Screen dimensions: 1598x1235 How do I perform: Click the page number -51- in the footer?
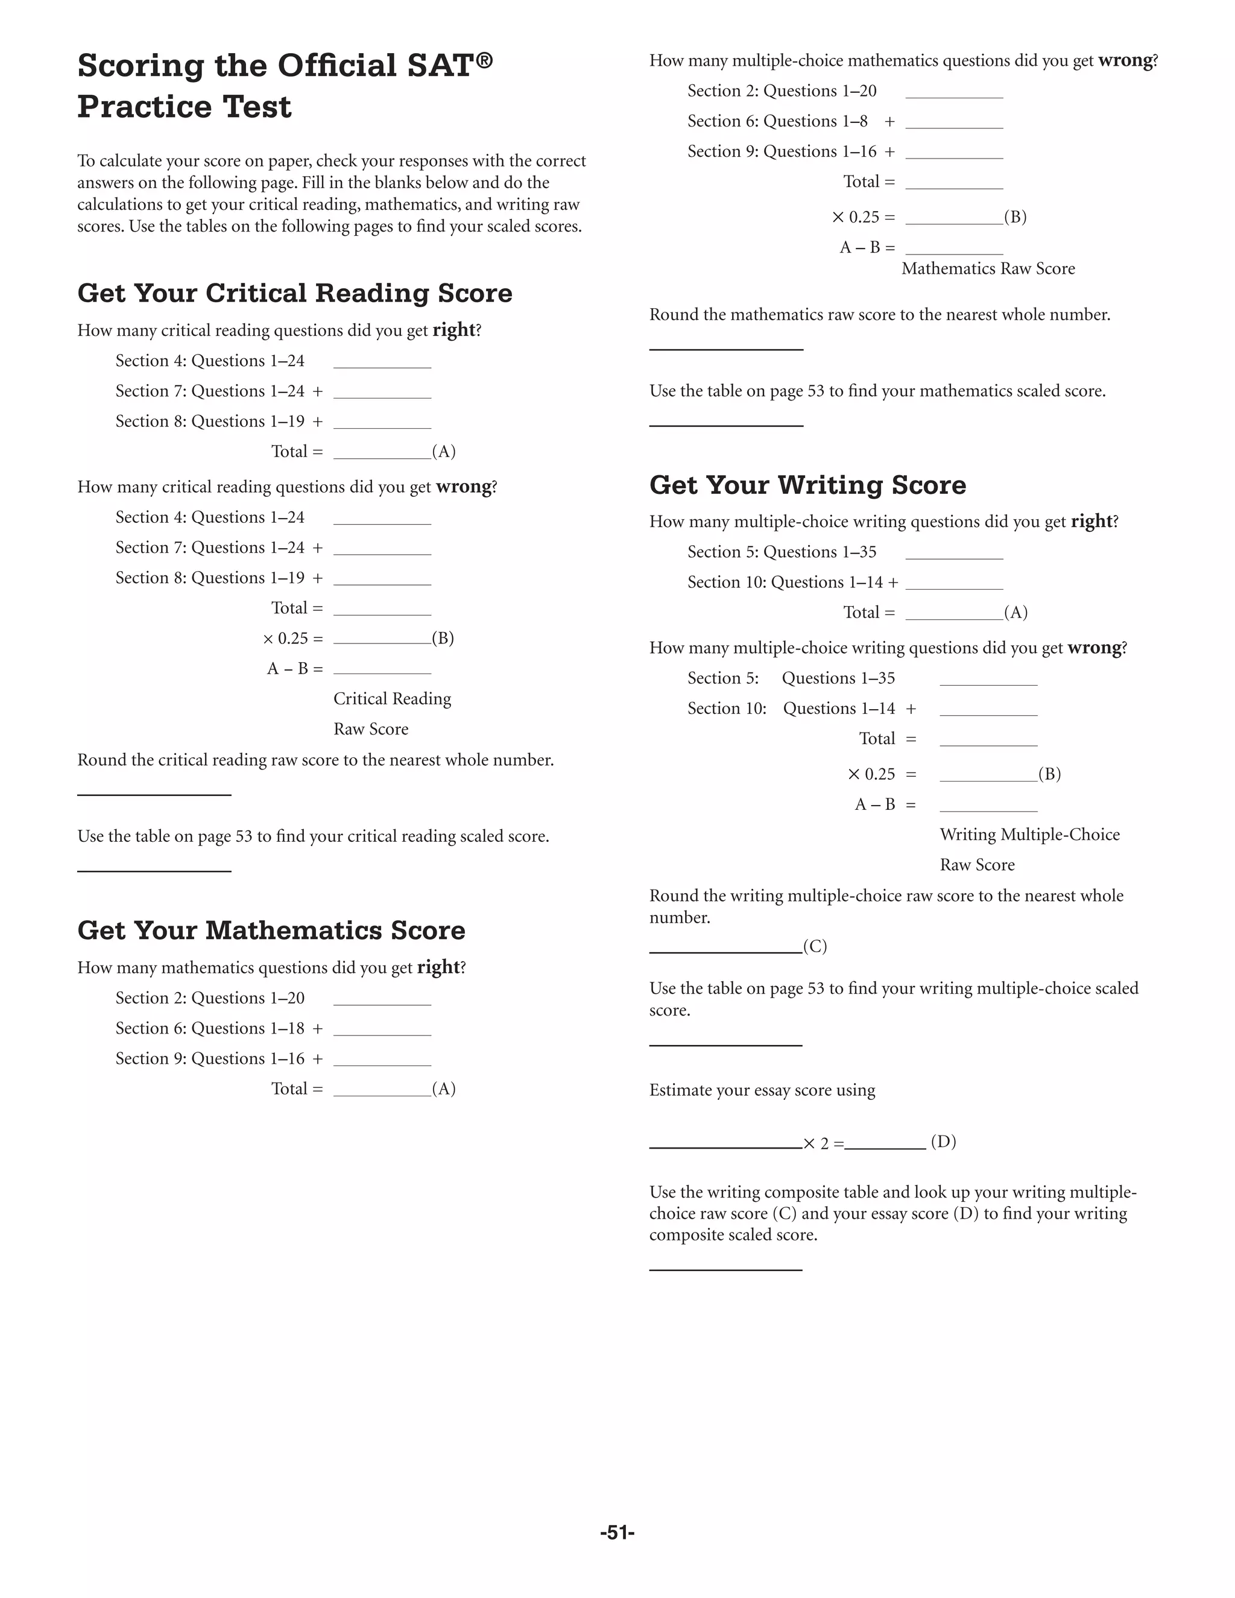pos(617,1532)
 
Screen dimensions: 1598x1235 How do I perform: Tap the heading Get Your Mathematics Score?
pos(271,930)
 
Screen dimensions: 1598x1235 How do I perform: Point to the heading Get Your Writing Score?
pos(807,484)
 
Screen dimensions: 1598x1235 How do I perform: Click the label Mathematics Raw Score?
pos(988,268)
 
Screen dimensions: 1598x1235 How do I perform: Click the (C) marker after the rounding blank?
pos(815,946)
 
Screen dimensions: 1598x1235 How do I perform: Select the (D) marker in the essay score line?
pos(943,1142)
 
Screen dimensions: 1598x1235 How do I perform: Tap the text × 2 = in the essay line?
pos(823,1143)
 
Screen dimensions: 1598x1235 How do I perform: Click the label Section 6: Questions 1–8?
pos(777,121)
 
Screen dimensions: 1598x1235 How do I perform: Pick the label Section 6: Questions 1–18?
pos(210,1028)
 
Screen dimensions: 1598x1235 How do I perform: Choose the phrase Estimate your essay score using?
pos(762,1090)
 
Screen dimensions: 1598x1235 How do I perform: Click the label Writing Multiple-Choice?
pos(1029,835)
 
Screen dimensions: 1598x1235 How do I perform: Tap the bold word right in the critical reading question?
pos(453,330)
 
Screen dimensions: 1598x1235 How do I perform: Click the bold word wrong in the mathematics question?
pos(1125,61)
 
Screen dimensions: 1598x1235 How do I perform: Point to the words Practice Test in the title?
pos(185,107)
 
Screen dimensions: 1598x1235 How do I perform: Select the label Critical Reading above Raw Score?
pos(392,699)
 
